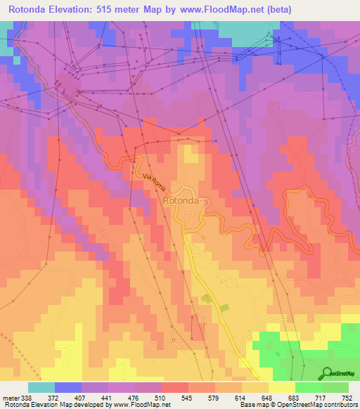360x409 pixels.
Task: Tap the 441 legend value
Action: (107, 397)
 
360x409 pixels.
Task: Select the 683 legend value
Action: (295, 397)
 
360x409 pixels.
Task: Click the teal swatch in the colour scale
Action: (41, 387)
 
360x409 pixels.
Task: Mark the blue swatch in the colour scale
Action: (68, 387)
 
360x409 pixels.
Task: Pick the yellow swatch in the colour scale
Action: (282, 387)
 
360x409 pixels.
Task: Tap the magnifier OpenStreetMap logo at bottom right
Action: (325, 372)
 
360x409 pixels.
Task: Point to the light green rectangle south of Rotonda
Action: (224, 308)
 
